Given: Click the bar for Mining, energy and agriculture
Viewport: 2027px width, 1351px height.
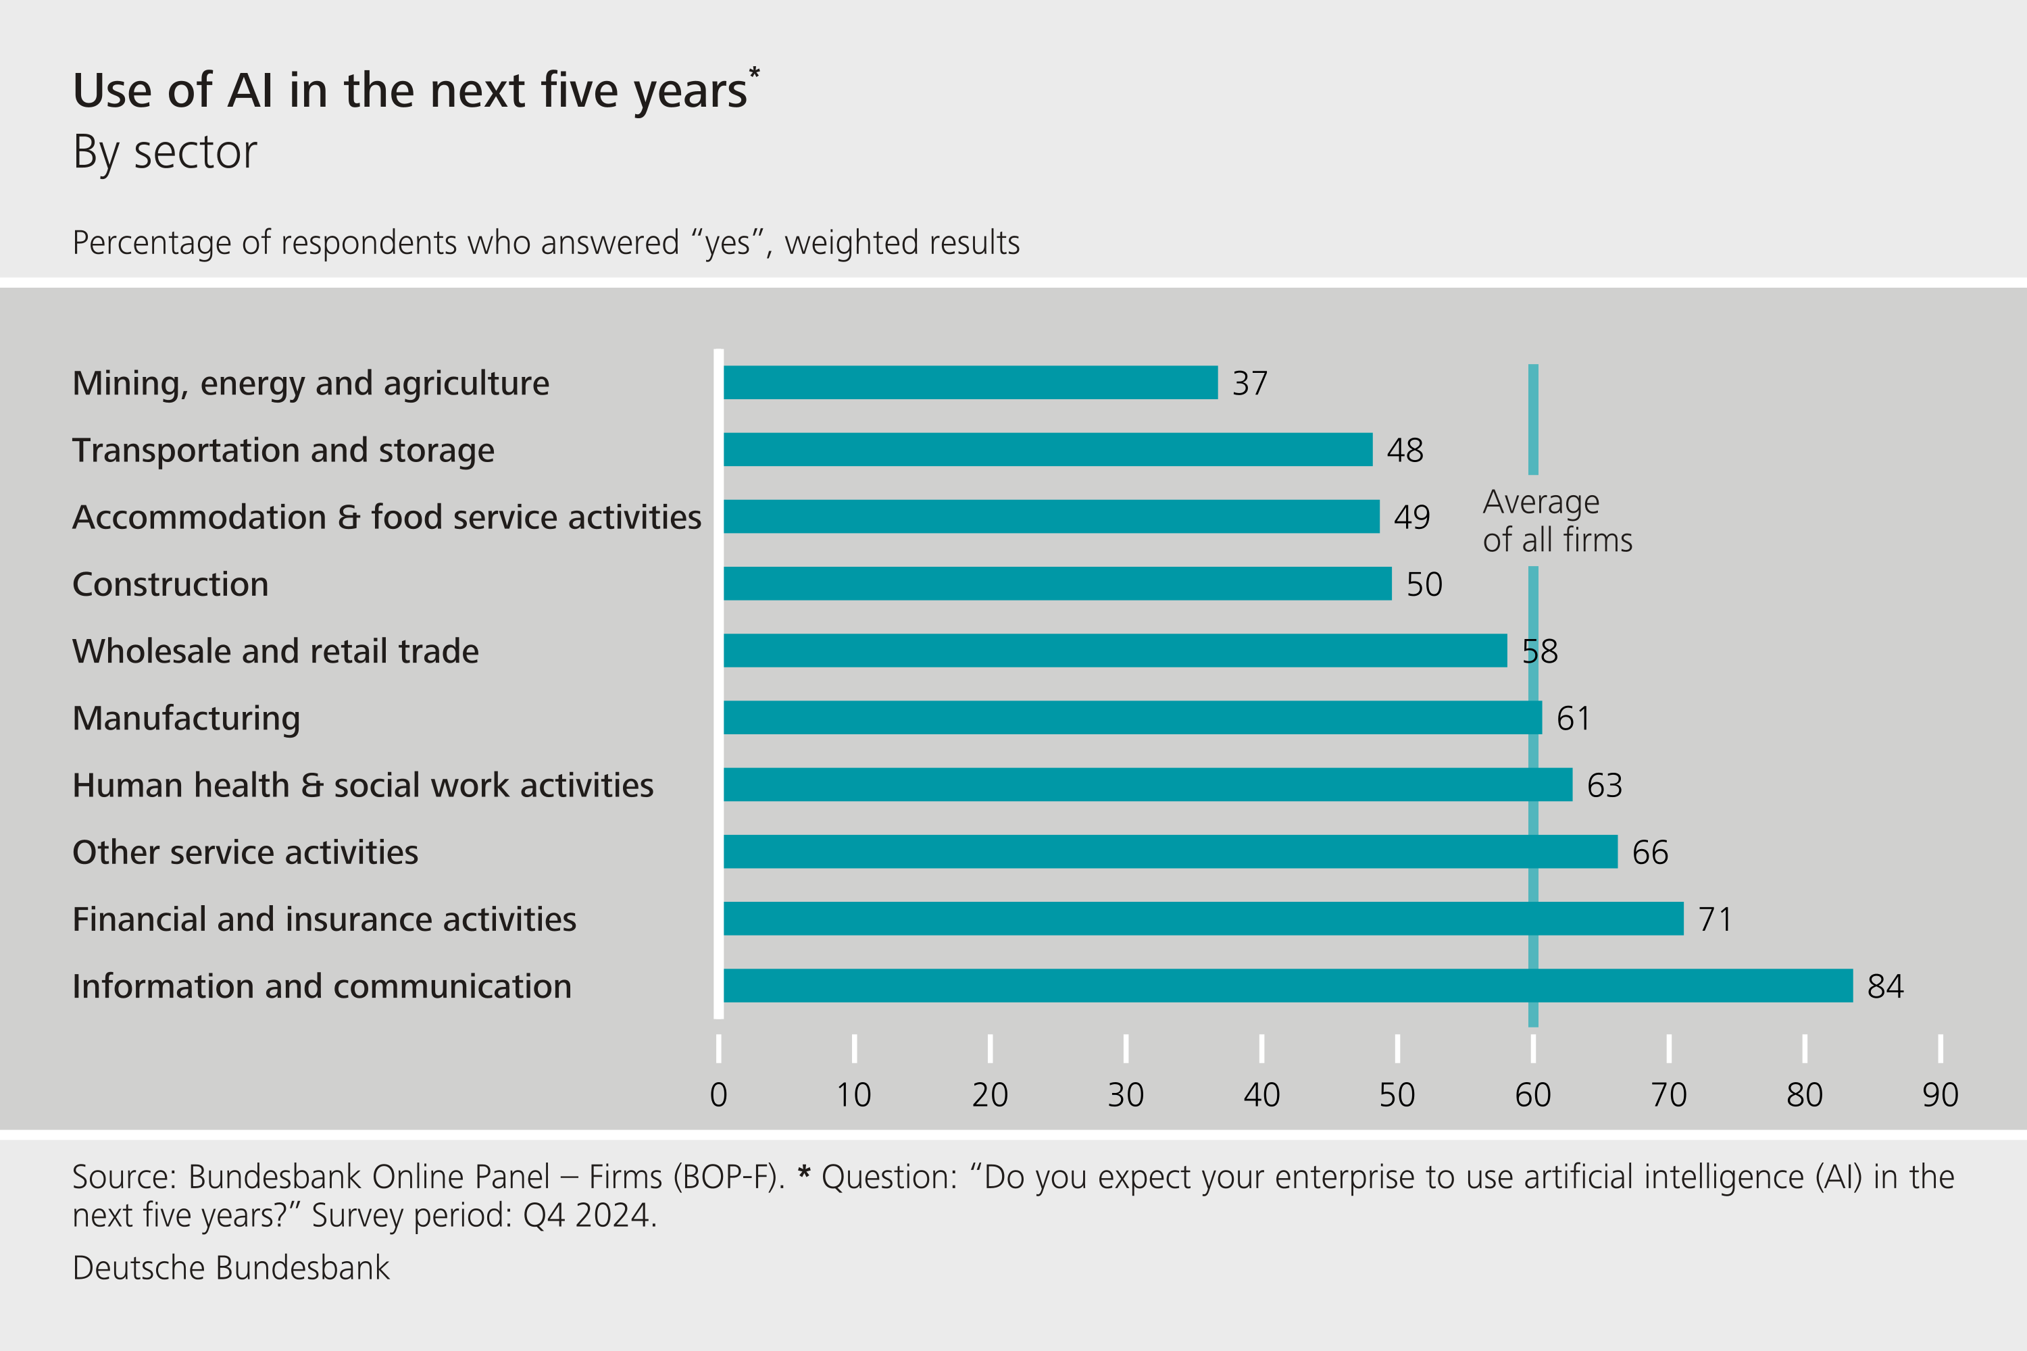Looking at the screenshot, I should tap(970, 382).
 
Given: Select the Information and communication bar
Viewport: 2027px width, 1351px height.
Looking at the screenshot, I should tap(1288, 986).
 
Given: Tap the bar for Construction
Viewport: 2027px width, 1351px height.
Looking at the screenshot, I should tap(1057, 584).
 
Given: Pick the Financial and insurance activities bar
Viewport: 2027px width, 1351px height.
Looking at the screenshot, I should tap(1203, 919).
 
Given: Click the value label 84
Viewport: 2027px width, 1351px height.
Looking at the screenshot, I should tap(1885, 986).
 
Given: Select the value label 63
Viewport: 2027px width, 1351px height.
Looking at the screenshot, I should tap(1604, 786).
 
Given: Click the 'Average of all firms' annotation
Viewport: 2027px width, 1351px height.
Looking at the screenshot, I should tap(1557, 520).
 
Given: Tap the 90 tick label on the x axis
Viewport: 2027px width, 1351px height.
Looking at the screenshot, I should tap(1940, 1095).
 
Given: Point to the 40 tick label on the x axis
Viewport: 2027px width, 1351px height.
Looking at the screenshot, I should tap(1261, 1095).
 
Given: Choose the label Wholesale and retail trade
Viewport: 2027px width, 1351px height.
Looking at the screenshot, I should tap(275, 651).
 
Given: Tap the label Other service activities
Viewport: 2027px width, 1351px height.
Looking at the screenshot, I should tap(245, 852).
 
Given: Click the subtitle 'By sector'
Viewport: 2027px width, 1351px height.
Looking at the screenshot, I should tap(165, 153).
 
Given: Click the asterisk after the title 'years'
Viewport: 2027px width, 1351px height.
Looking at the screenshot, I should tap(754, 72).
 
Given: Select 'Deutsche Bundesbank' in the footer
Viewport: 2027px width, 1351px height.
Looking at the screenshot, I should tap(231, 1267).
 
